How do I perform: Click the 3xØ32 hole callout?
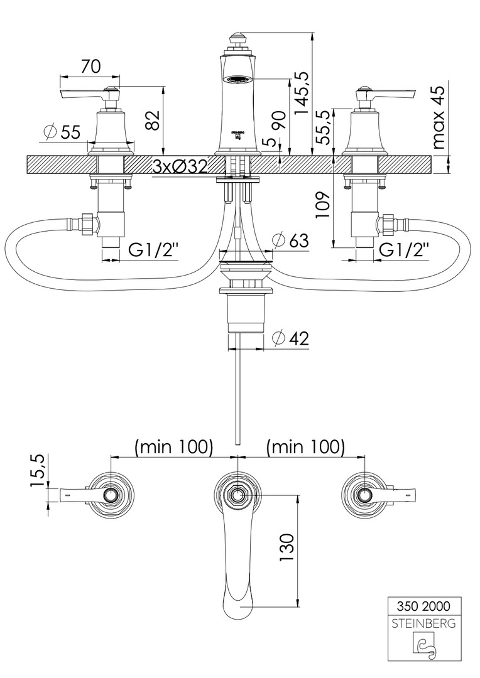pos(180,167)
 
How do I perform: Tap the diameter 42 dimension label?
pos(290,338)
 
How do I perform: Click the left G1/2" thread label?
pos(154,250)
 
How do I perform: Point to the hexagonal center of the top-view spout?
pos(237,495)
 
